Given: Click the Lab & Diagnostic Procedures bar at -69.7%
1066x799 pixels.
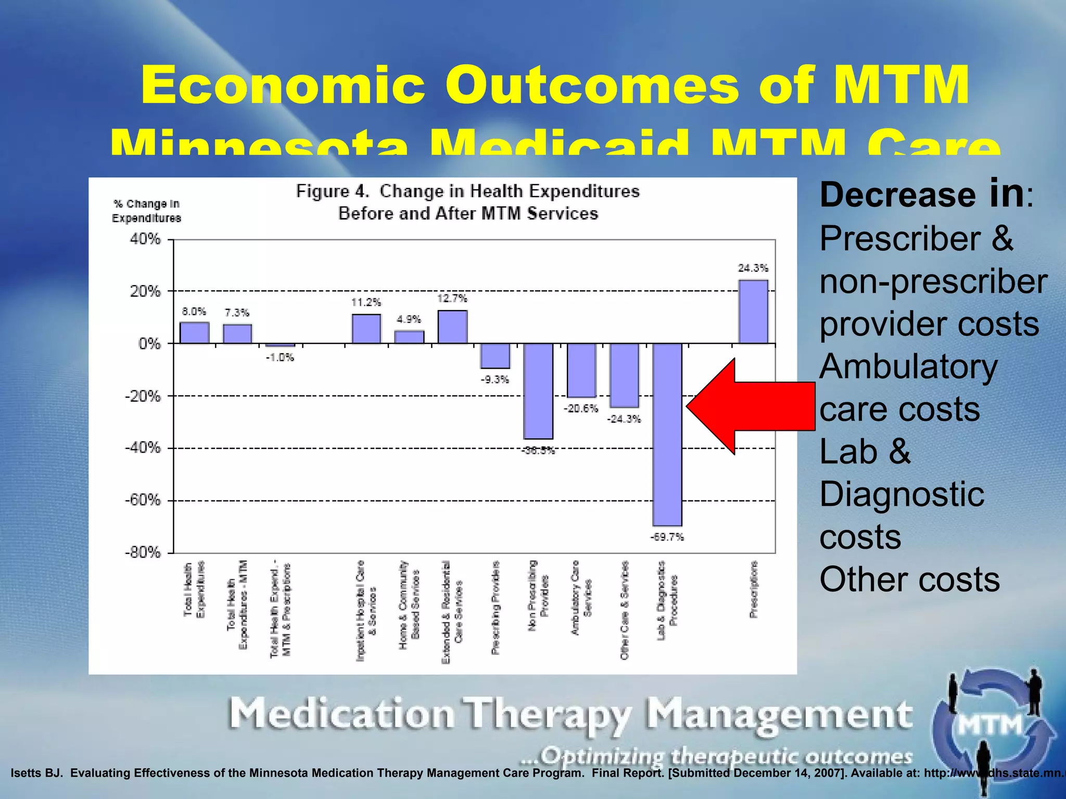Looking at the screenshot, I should tap(667, 434).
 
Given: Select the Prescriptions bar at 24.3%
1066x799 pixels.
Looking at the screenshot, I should tap(753, 312).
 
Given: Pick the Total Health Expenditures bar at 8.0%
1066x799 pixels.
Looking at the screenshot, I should tap(195, 333).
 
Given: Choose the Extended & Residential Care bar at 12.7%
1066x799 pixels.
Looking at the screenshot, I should tap(452, 327).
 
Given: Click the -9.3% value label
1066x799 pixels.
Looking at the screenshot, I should tap(494, 380).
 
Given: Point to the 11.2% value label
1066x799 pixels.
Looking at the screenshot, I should tap(366, 302).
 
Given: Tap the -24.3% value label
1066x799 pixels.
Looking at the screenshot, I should tap(624, 419).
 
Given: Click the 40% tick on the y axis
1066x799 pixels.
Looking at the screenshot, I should tap(145, 239).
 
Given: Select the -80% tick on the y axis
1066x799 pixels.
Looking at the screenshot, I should tap(143, 552).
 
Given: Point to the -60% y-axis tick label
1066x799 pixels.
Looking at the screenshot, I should tap(143, 500).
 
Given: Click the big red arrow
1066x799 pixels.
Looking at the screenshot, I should tap(750, 406).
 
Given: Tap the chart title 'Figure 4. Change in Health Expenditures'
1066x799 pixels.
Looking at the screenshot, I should tap(467, 191).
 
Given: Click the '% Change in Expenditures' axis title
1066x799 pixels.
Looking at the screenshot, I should tap(146, 211).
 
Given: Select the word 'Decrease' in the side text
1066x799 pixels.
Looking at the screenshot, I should tap(897, 195).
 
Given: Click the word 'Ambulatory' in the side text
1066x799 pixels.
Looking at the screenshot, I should tap(908, 367).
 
